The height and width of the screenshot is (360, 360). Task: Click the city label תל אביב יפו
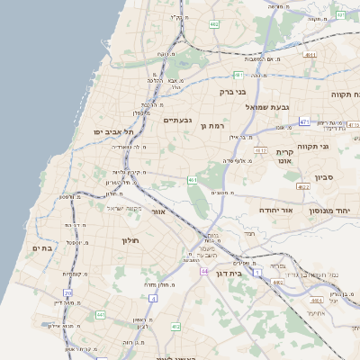[109, 131]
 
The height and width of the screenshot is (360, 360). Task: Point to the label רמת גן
[216, 125]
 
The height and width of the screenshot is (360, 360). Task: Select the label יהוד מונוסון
[338, 208]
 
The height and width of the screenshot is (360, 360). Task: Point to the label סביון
[324, 177]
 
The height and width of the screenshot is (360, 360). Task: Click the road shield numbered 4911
[310, 55]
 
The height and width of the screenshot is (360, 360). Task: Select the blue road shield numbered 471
[305, 121]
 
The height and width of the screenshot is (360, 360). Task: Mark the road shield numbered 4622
[303, 186]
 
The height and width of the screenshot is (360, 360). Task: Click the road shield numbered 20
[67, 292]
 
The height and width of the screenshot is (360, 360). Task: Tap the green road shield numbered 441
[101, 314]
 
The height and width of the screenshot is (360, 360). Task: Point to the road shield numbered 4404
[278, 282]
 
